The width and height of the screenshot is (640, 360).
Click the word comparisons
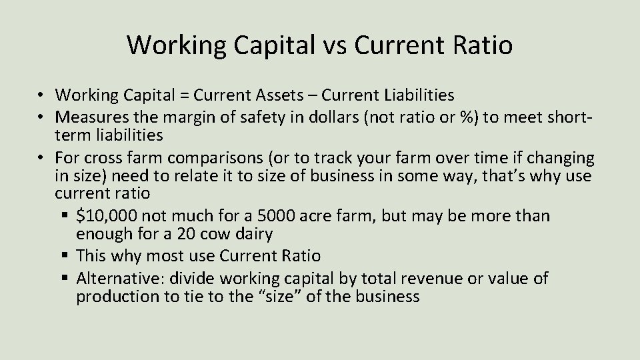217,158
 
